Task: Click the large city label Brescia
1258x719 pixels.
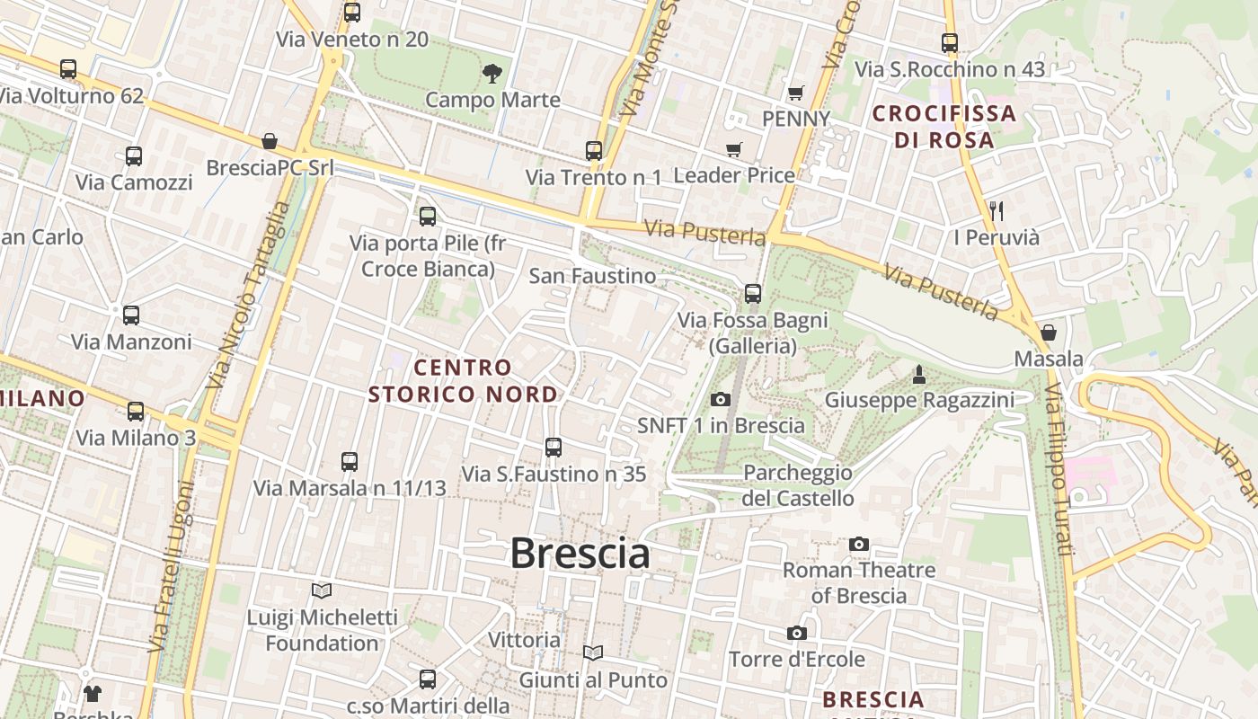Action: pyautogui.click(x=580, y=553)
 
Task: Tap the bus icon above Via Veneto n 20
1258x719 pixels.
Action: pyautogui.click(x=352, y=13)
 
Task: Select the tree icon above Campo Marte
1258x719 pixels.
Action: pyautogui.click(x=492, y=73)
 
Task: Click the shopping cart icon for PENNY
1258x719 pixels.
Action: pyautogui.click(x=795, y=93)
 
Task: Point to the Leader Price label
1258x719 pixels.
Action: pyautogui.click(x=734, y=175)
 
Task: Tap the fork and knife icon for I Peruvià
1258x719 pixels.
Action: pyautogui.click(x=996, y=211)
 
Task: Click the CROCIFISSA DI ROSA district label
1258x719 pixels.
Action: pyautogui.click(x=943, y=127)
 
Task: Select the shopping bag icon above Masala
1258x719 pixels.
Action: pyautogui.click(x=1048, y=333)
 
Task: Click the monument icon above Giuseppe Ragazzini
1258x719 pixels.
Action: pyautogui.click(x=918, y=374)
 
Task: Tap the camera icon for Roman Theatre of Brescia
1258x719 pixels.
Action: pyautogui.click(x=859, y=544)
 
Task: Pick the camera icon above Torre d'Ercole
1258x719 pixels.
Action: pyautogui.click(x=796, y=634)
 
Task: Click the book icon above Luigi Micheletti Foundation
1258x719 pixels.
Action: pyautogui.click(x=322, y=590)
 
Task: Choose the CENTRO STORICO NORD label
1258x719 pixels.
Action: pyautogui.click(x=463, y=380)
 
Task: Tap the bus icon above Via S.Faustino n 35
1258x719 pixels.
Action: pyautogui.click(x=554, y=447)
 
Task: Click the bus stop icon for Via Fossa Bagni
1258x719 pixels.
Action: pyautogui.click(x=753, y=293)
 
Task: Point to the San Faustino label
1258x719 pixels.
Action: pyautogui.click(x=592, y=276)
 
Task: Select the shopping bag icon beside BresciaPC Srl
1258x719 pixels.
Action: pyautogui.click(x=269, y=141)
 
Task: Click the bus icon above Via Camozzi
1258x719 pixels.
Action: pyautogui.click(x=134, y=155)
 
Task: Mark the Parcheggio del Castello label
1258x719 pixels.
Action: pyautogui.click(x=798, y=485)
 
